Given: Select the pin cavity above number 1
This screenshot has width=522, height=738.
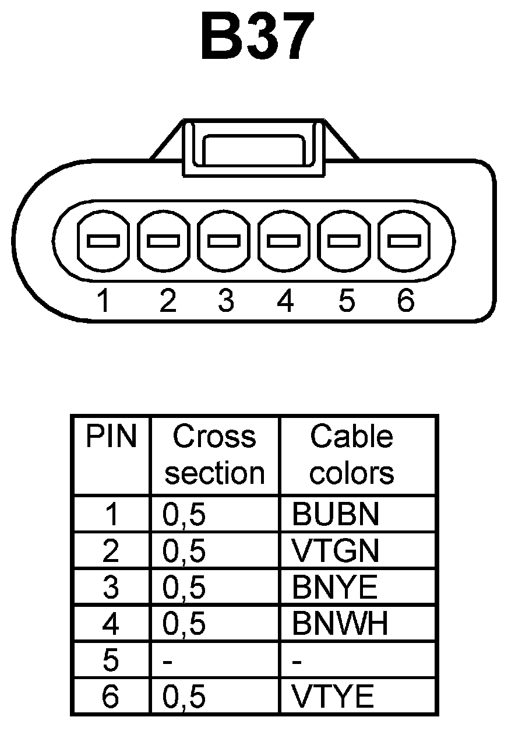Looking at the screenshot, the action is (x=103, y=240).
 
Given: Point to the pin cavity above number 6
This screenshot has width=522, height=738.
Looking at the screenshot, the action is (x=404, y=240).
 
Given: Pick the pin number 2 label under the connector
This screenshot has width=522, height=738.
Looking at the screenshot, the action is (x=167, y=301).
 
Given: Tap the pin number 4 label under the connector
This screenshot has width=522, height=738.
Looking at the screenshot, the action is (x=285, y=301).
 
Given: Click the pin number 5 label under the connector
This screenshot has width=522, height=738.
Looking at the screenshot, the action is (x=346, y=301).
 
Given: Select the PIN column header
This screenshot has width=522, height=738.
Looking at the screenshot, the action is (x=111, y=437).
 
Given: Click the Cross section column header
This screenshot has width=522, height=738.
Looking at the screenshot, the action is (x=214, y=455).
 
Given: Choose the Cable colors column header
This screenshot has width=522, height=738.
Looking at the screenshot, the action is (x=352, y=455).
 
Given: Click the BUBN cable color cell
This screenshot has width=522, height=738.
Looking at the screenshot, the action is (x=336, y=514).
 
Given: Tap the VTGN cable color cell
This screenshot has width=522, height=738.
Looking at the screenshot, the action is (x=336, y=551).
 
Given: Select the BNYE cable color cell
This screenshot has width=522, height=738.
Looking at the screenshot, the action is (x=335, y=588).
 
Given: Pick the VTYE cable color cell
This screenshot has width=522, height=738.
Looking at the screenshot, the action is (x=333, y=697).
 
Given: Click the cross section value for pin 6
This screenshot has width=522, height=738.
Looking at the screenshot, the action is (x=184, y=697).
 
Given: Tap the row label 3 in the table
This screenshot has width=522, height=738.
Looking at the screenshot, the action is (x=110, y=588).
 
